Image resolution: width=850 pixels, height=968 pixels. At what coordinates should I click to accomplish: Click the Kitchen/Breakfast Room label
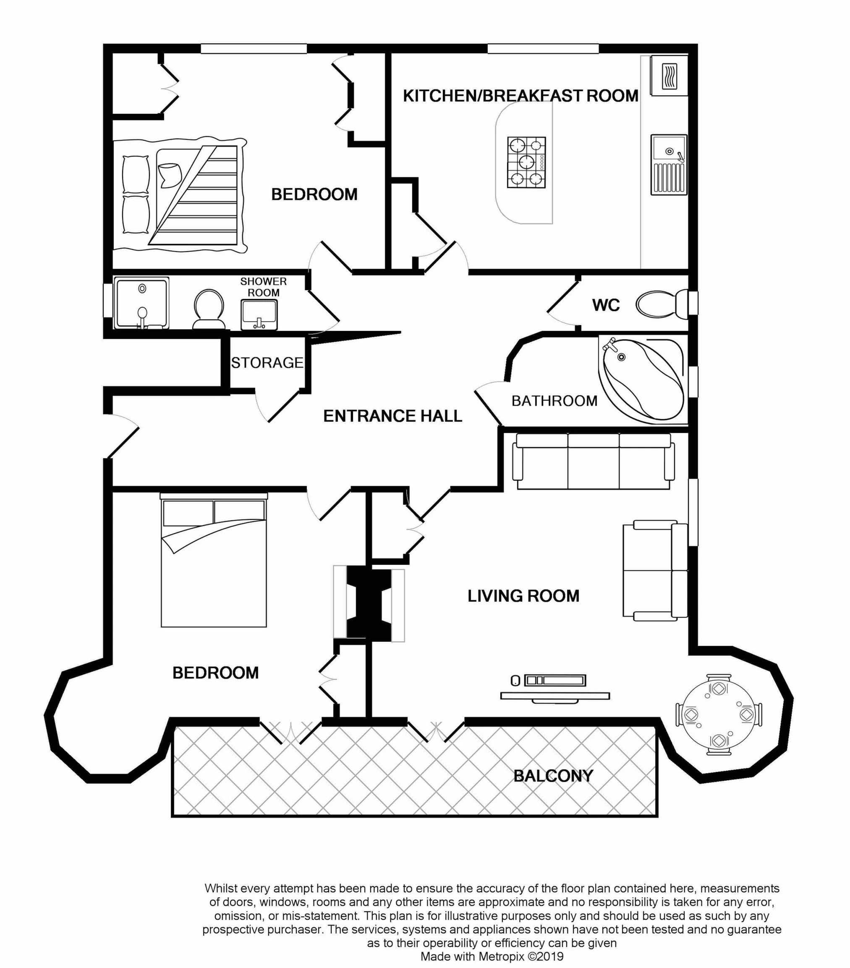(x=520, y=96)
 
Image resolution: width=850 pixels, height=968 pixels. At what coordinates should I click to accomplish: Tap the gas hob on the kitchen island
(x=526, y=162)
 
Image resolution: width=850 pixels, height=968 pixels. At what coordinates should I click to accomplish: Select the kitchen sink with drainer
(x=668, y=165)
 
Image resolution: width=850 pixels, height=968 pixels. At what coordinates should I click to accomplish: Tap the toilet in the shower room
(x=208, y=309)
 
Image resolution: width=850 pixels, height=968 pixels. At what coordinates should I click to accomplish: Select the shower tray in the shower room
(x=141, y=303)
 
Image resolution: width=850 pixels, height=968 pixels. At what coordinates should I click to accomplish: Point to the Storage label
(x=267, y=363)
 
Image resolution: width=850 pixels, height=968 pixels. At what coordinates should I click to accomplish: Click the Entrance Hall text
(x=392, y=416)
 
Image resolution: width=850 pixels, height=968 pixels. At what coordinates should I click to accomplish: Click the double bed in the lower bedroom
(x=214, y=564)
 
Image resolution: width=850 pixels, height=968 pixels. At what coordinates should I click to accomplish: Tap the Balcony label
(x=553, y=776)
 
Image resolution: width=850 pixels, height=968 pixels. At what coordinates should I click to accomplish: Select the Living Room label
(x=523, y=596)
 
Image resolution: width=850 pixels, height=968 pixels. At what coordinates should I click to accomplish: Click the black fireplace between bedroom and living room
(x=369, y=604)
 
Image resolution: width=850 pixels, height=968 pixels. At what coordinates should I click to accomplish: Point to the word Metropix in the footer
(x=501, y=956)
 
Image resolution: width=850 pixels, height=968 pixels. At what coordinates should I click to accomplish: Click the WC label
(x=605, y=305)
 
